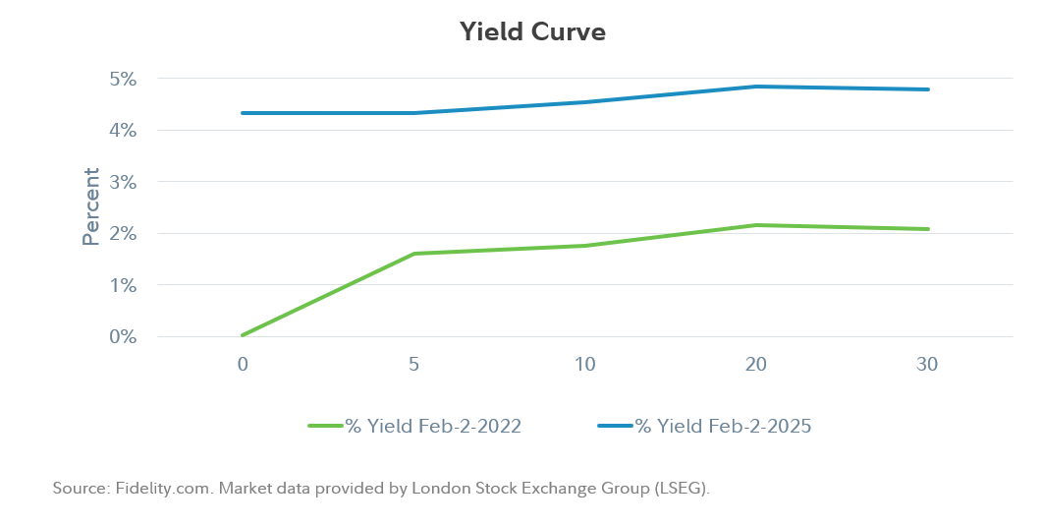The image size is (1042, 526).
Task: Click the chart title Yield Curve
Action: point(532,31)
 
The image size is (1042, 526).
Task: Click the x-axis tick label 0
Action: point(243,365)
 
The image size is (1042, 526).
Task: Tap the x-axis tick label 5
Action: point(413,365)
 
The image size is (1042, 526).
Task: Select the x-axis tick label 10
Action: point(584,365)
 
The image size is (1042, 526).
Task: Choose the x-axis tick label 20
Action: point(755,365)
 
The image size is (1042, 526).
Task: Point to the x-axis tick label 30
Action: point(927,365)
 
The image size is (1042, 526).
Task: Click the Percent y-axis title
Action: point(91,206)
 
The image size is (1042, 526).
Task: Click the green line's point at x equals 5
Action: point(413,254)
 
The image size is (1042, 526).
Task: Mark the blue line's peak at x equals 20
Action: point(756,87)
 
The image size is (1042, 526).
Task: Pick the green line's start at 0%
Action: point(243,335)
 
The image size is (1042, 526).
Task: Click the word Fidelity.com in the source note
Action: point(153,488)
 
